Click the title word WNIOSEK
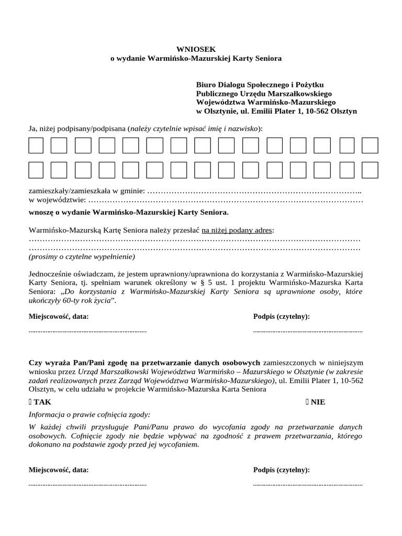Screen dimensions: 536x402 click(196, 49)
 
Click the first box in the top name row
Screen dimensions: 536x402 click(36, 146)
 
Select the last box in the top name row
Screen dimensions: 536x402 click(370, 146)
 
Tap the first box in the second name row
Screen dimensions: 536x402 click(36, 170)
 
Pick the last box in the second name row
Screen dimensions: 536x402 click(370, 170)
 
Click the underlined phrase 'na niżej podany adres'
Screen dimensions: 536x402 click(237, 230)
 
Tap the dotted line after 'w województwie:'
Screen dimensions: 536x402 click(225, 200)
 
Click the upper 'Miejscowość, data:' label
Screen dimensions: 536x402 click(58, 317)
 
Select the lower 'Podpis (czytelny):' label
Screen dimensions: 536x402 click(281, 470)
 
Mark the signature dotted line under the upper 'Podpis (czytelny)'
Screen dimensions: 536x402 click(308, 331)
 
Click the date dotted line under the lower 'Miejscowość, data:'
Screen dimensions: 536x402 click(87, 485)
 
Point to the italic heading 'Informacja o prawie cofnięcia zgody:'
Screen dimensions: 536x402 click(89, 414)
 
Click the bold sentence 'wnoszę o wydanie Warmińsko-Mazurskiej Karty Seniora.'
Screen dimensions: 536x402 click(128, 213)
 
